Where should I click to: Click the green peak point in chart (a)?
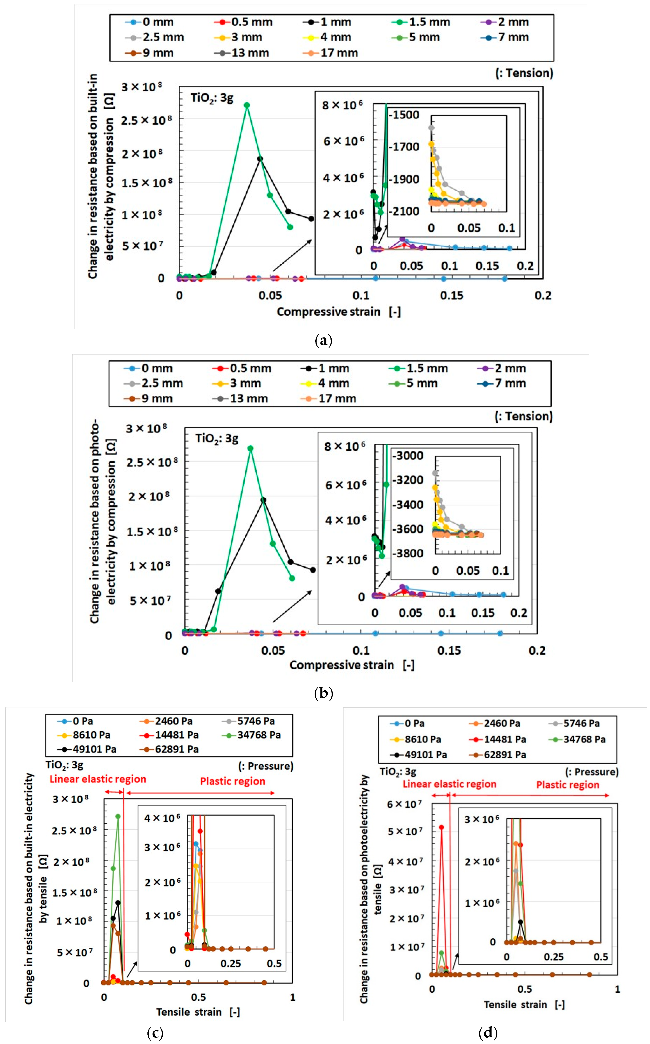[247, 105]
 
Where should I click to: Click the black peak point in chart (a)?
[260, 159]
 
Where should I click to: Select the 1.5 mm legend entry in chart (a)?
[421, 22]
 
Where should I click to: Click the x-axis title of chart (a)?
[339, 312]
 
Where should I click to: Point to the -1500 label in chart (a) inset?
[404, 115]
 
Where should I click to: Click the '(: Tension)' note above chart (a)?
[524, 73]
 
